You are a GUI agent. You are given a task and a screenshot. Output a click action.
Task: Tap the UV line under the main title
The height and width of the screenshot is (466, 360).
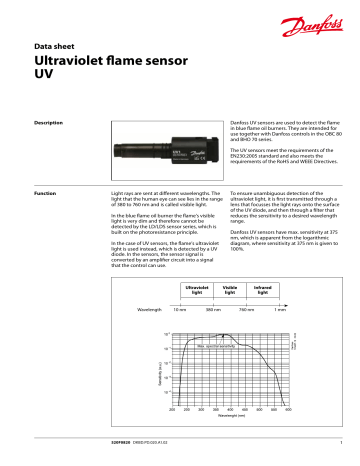tap(43, 75)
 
